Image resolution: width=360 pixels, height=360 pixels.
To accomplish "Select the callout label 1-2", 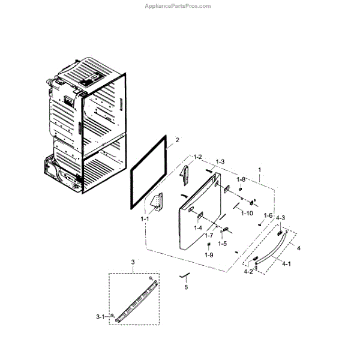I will click(x=197, y=157).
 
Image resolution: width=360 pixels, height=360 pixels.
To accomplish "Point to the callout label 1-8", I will click(x=241, y=179).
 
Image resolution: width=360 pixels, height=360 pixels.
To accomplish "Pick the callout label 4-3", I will click(x=280, y=217).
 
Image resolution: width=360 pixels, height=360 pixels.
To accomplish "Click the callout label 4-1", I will click(x=286, y=264).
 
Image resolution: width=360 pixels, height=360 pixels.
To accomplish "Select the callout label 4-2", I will click(x=248, y=272).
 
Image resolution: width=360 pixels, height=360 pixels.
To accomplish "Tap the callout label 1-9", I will click(x=209, y=256).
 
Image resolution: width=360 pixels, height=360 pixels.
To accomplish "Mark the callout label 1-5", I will click(x=222, y=244).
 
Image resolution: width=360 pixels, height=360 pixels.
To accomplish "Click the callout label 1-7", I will click(x=208, y=236).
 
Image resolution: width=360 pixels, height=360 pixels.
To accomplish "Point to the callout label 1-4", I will click(x=198, y=228).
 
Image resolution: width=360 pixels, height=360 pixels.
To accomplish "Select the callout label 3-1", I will click(x=100, y=316).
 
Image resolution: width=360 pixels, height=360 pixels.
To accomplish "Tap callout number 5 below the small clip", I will click(x=186, y=287).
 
